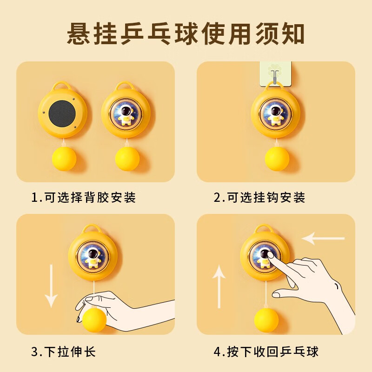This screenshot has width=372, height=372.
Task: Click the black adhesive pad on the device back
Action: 62,113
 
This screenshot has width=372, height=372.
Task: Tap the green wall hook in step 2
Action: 275,73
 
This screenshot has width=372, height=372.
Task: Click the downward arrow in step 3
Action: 51,286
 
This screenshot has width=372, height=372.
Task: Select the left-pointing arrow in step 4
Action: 323,238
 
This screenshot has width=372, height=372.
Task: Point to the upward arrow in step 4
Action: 219,286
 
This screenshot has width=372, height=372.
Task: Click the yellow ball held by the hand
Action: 94,319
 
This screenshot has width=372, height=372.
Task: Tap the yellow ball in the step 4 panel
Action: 266,320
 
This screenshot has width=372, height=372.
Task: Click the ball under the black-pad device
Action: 64,159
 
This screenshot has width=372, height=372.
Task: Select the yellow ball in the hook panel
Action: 277,159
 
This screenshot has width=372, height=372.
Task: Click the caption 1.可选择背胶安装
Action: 84,197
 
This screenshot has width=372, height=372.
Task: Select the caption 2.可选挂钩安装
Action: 259,197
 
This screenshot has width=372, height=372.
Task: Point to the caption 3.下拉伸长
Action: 63,352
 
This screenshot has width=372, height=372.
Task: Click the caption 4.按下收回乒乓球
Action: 266,352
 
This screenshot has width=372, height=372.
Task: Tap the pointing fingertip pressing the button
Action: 271,255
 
